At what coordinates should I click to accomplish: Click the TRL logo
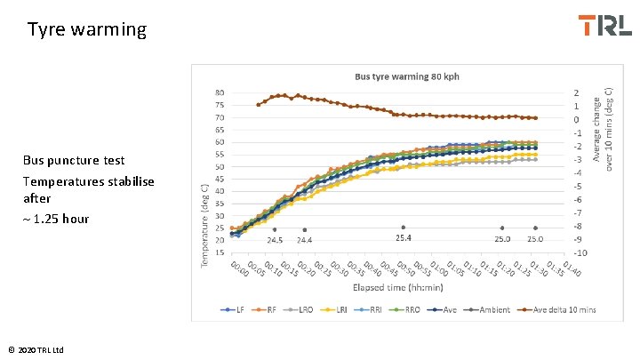tap(593, 26)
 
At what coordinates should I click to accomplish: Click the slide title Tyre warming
tap(86, 30)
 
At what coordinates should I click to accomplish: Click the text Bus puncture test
tap(74, 161)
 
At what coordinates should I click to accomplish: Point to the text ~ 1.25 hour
tap(56, 219)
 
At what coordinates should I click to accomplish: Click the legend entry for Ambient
tap(493, 309)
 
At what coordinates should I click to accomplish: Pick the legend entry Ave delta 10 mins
tap(559, 309)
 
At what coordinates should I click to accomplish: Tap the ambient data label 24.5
tap(275, 240)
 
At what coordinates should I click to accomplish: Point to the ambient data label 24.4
tap(304, 240)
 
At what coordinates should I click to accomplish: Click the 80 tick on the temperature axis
tap(220, 92)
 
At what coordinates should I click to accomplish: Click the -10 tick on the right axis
tap(579, 252)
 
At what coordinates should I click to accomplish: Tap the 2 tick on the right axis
tap(576, 92)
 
